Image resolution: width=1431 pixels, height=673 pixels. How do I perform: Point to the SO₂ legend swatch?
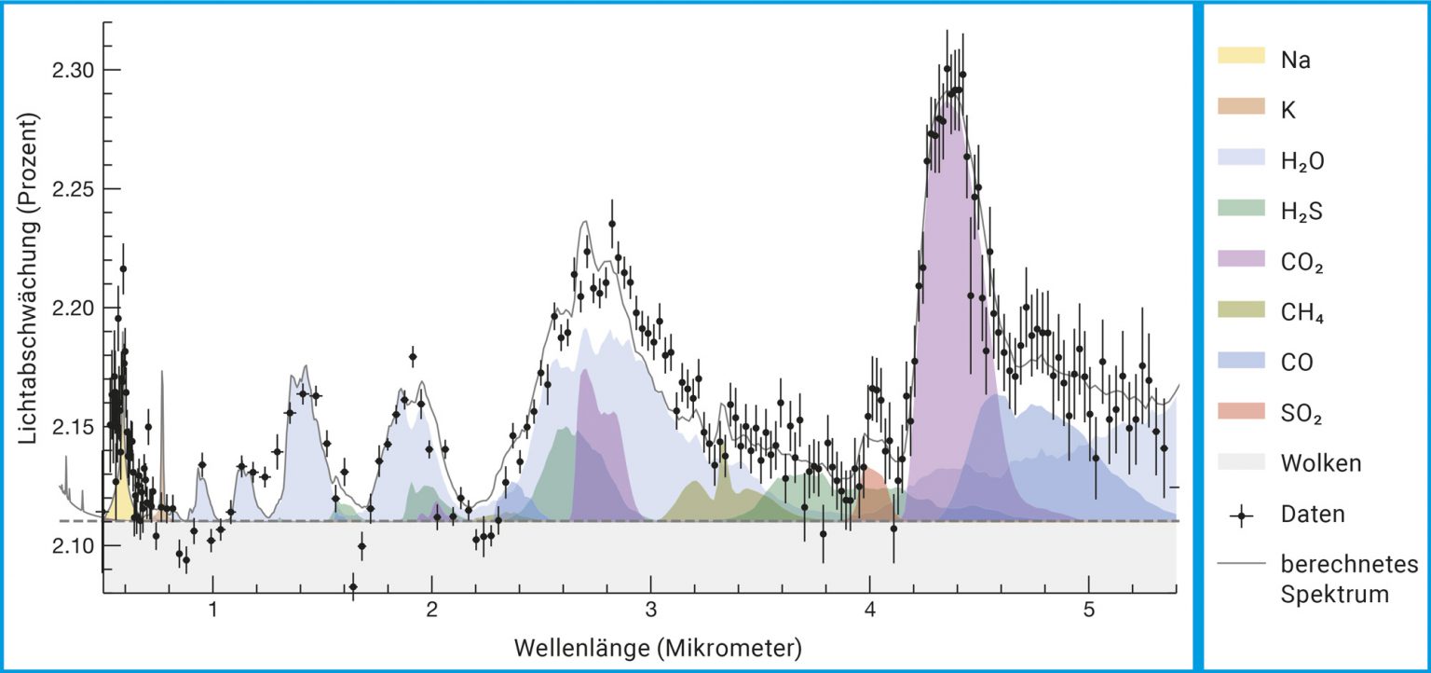[1241, 411]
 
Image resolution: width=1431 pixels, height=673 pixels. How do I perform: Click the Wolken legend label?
[1321, 463]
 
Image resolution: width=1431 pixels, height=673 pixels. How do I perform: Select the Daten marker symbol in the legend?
[1241, 514]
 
